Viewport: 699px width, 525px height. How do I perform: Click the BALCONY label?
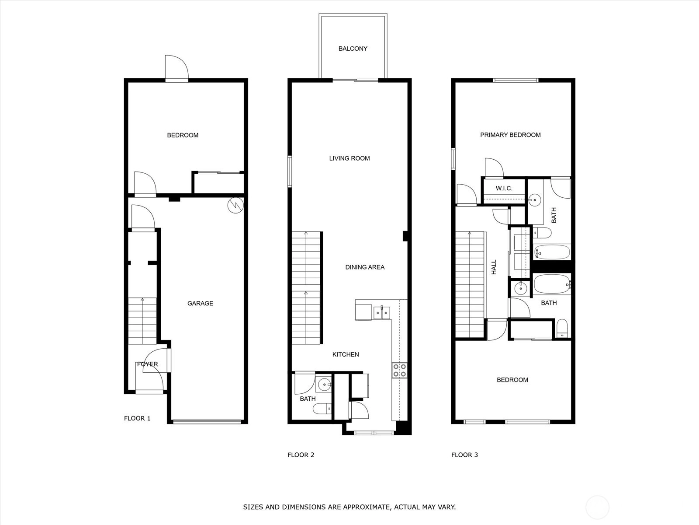[353, 49]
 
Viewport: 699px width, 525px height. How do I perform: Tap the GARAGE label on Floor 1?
[200, 304]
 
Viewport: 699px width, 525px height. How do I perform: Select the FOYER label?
[147, 364]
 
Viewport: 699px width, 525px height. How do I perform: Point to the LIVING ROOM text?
[349, 158]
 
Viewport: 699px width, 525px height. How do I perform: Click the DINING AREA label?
[365, 267]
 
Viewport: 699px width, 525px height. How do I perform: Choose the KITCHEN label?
[346, 354]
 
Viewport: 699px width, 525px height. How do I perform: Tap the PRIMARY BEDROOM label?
[510, 135]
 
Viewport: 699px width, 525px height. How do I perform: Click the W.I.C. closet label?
[504, 189]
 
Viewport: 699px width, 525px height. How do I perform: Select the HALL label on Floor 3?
[494, 267]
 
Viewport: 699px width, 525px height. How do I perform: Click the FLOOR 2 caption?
[301, 455]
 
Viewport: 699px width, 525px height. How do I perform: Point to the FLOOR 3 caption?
[464, 455]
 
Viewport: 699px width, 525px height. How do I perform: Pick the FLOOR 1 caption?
[137, 418]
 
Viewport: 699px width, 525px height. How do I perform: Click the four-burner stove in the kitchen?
[399, 370]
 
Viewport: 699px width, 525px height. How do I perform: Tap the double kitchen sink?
[381, 312]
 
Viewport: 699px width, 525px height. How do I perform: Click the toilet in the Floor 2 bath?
[322, 408]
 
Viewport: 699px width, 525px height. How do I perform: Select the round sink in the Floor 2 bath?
[324, 385]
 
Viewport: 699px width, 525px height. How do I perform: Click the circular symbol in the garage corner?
[235, 205]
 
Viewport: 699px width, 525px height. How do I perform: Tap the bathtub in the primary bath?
[552, 252]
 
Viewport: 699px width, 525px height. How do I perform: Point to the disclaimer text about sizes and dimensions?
[349, 507]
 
